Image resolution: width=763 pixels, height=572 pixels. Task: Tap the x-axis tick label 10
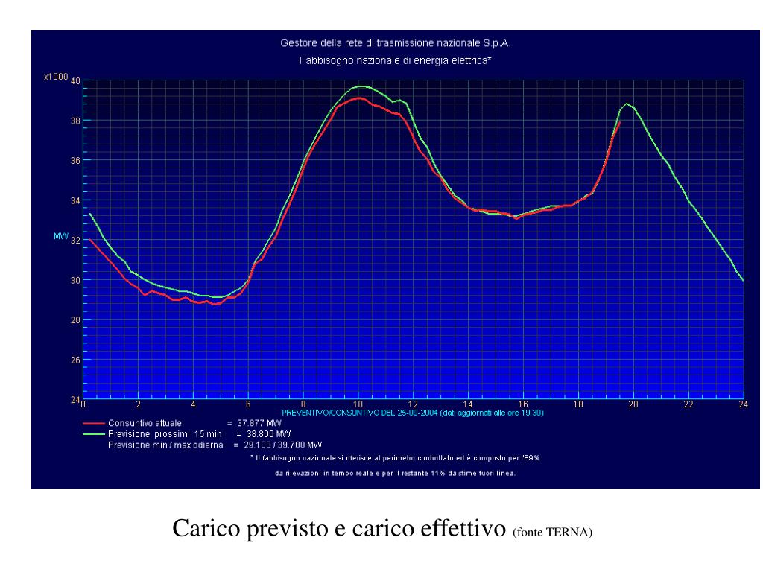[x=358, y=404]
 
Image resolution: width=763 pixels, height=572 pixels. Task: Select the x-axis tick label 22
[x=688, y=404]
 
